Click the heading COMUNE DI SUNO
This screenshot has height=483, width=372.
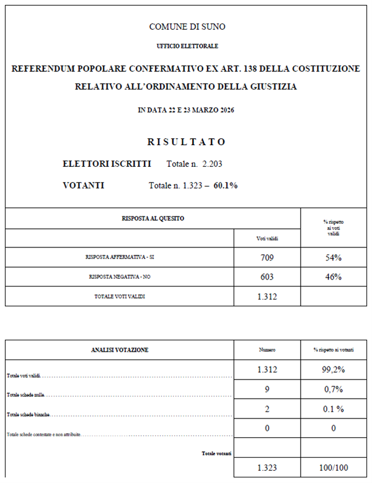coord(187,27)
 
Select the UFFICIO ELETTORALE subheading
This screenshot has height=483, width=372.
coord(187,47)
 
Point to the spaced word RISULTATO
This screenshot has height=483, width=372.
coord(187,142)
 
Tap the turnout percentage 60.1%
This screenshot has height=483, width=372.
coord(226,185)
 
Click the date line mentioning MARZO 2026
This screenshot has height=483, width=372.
coord(186,110)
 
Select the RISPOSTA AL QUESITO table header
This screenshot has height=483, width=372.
coord(153,218)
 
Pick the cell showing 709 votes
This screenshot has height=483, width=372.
coord(267,257)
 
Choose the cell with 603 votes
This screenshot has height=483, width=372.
coord(267,277)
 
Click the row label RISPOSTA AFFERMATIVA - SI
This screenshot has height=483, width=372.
coord(120,257)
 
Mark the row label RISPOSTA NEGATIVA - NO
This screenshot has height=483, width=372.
coord(120,277)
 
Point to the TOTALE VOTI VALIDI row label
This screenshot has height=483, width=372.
coord(120,297)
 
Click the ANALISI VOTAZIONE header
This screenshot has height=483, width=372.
coord(120,350)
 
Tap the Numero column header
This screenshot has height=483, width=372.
coord(267,350)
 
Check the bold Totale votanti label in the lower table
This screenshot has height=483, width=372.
coord(216,453)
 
